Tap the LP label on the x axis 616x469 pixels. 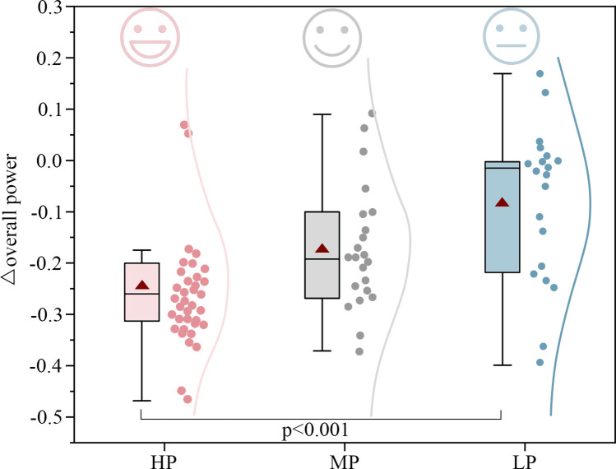(x=503, y=457)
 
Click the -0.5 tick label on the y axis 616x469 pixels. (x=48, y=416)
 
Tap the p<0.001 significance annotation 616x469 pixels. (x=322, y=430)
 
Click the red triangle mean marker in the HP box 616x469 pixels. (x=141, y=285)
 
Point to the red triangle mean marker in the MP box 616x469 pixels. (x=322, y=248)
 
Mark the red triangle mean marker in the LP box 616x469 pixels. (x=503, y=202)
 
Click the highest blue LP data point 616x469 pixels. (x=540, y=74)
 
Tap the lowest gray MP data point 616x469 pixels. (x=359, y=351)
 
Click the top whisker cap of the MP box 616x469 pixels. (x=322, y=114)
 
